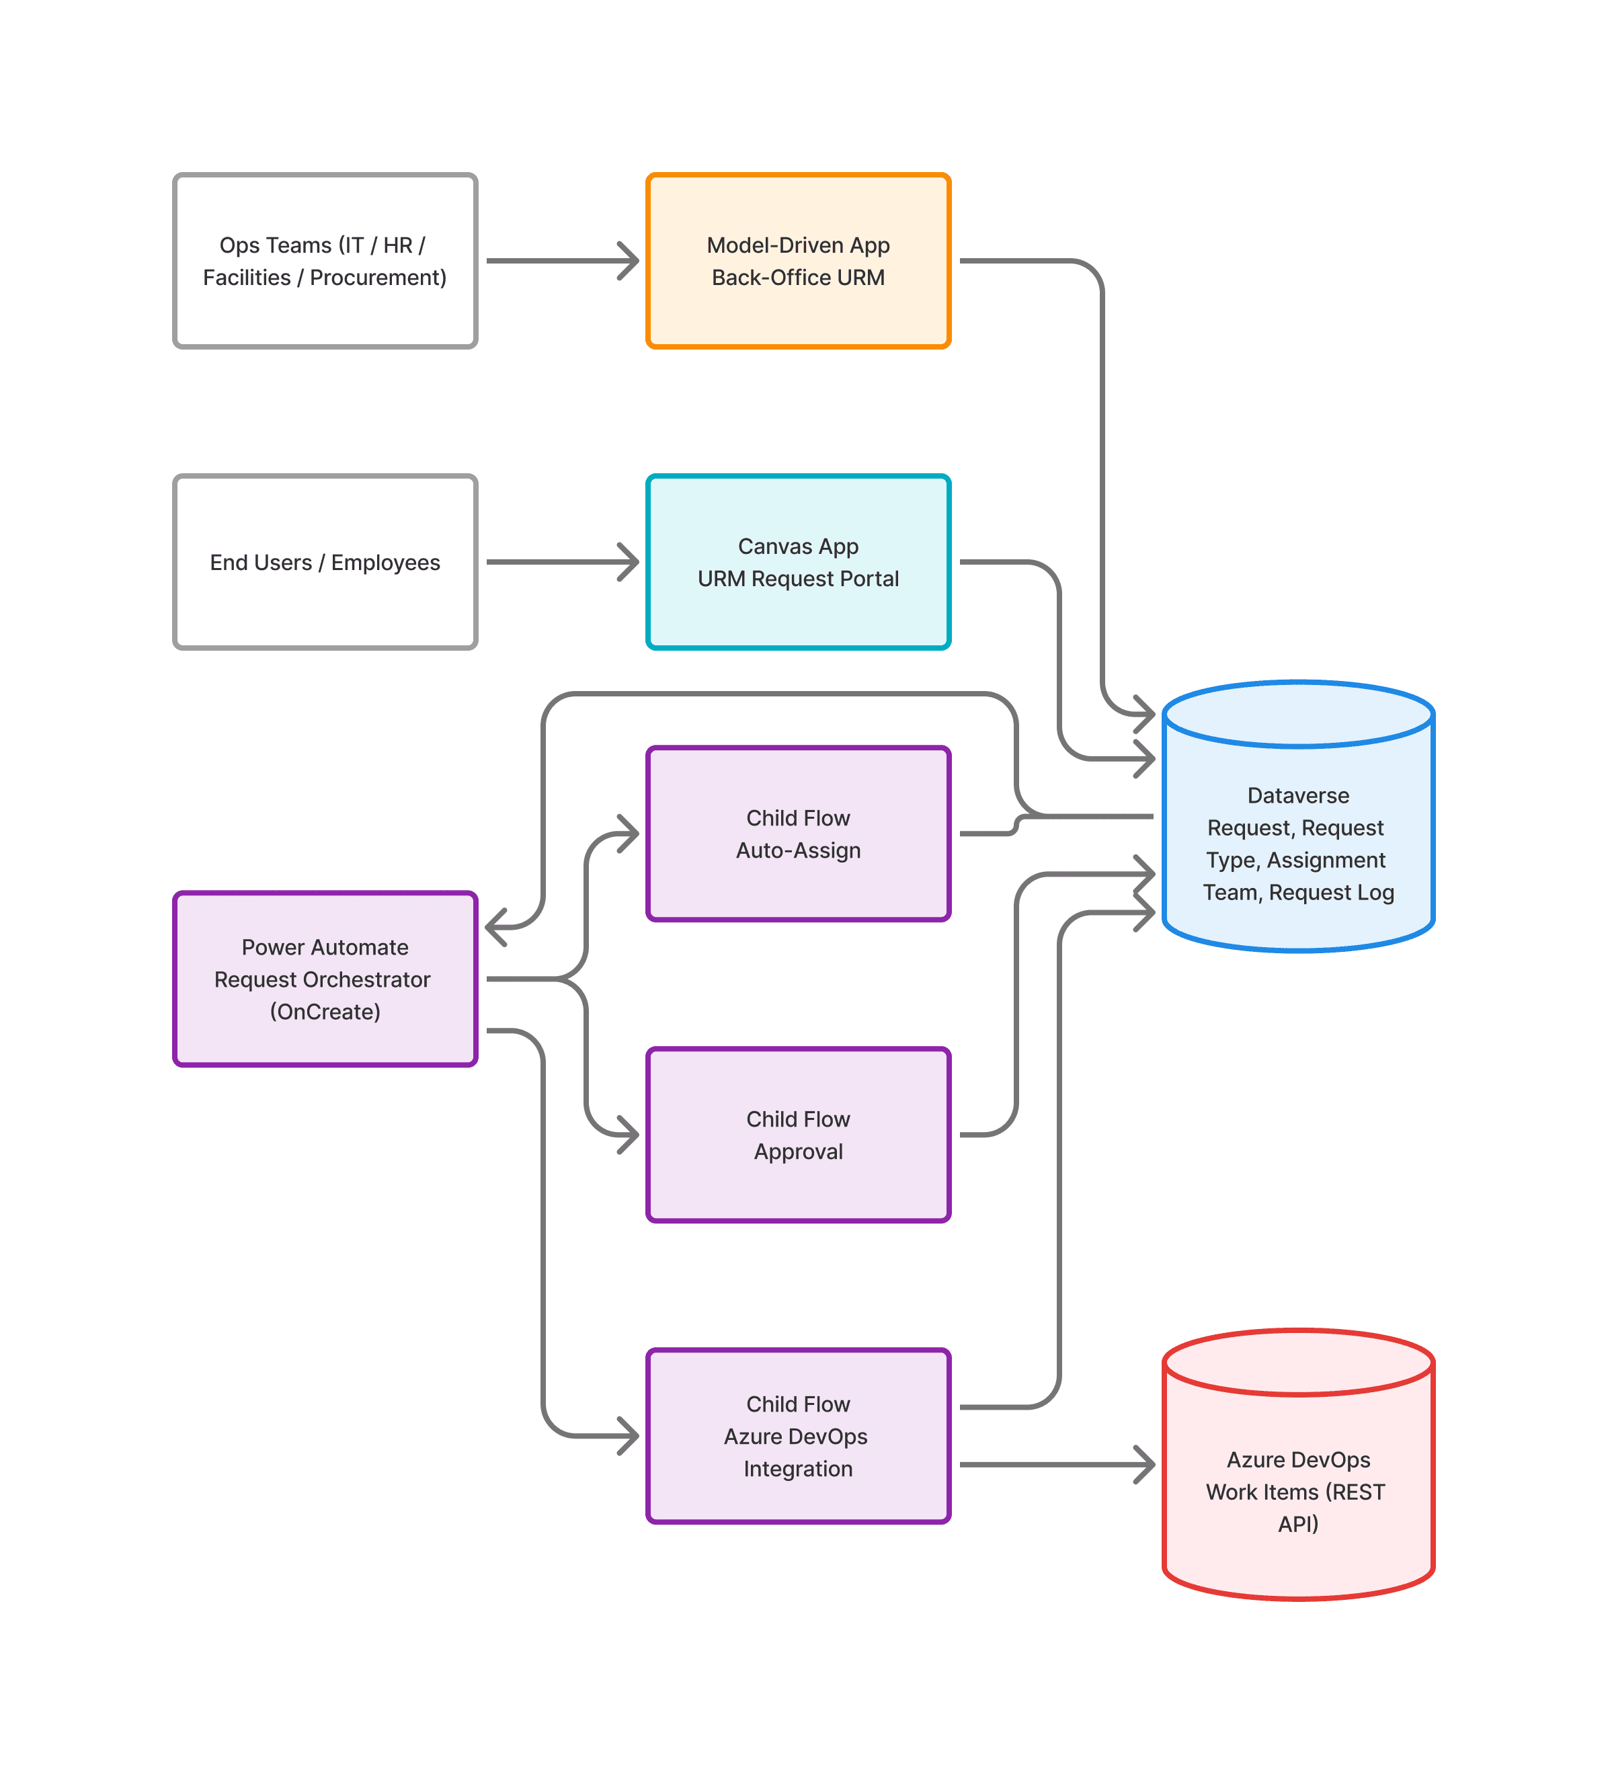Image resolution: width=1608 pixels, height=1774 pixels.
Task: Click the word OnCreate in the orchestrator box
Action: click(x=325, y=1012)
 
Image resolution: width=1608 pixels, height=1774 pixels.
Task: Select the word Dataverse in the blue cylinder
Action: click(x=1297, y=795)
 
